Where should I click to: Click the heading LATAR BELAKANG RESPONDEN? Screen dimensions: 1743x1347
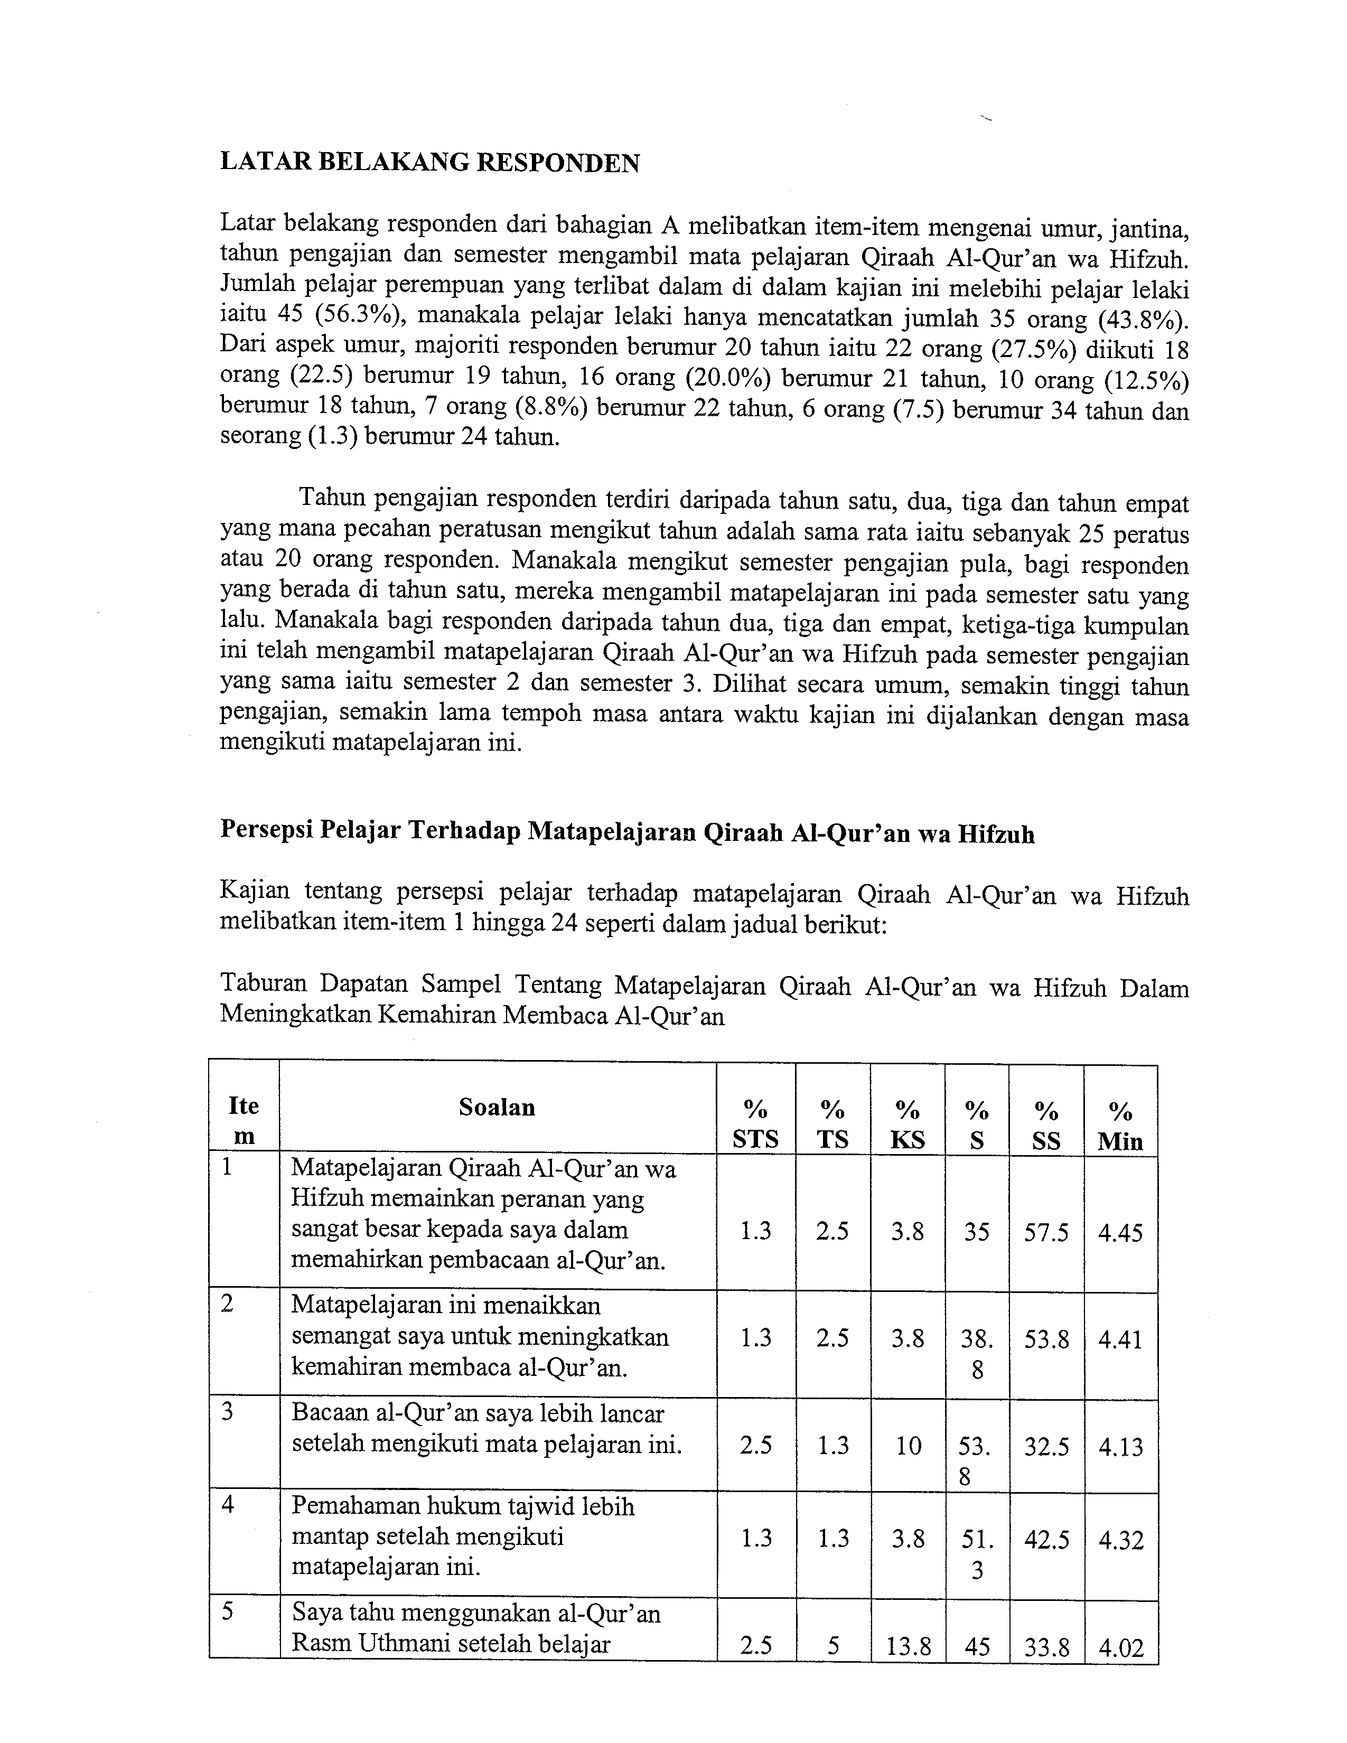pyautogui.click(x=429, y=163)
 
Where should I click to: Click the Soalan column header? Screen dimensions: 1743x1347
pyautogui.click(x=497, y=1107)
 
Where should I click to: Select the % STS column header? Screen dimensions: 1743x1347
pyautogui.click(x=755, y=1123)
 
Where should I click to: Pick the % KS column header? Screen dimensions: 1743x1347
pyautogui.click(x=908, y=1123)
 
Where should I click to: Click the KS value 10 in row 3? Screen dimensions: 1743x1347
pyautogui.click(x=908, y=1445)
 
